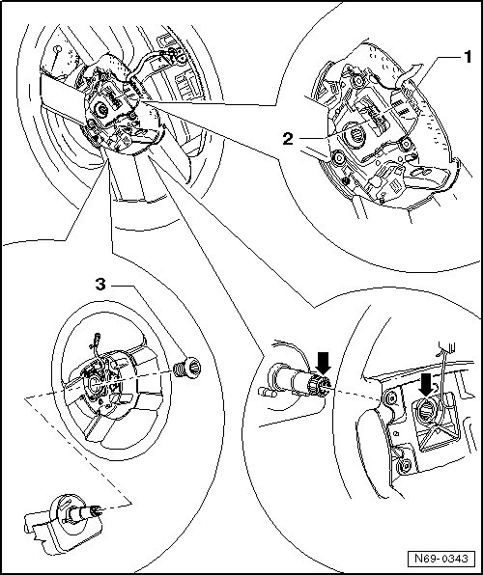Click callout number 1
click(x=467, y=58)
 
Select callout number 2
click(x=288, y=139)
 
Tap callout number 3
click(x=100, y=285)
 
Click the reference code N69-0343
click(x=441, y=558)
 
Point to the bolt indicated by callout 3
click(x=187, y=368)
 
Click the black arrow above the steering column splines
click(x=324, y=363)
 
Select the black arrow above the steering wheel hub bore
click(x=426, y=385)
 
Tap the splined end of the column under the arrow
click(x=319, y=387)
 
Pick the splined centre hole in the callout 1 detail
click(x=355, y=136)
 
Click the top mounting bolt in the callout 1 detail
click(x=357, y=80)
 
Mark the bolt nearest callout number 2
click(x=338, y=158)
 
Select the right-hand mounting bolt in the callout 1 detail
click(x=406, y=143)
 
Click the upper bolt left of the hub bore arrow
click(x=389, y=397)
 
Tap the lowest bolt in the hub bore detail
click(x=405, y=466)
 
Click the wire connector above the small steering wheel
click(x=98, y=336)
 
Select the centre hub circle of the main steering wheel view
click(x=101, y=109)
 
